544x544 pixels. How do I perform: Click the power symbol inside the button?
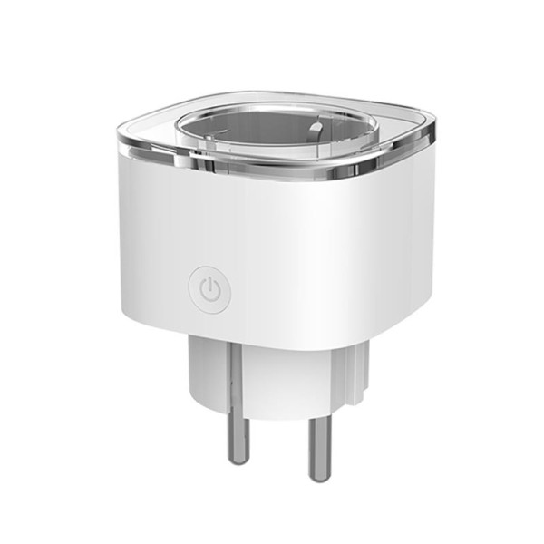pyautogui.click(x=209, y=291)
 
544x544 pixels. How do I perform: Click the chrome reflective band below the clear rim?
pyautogui.click(x=272, y=170)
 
